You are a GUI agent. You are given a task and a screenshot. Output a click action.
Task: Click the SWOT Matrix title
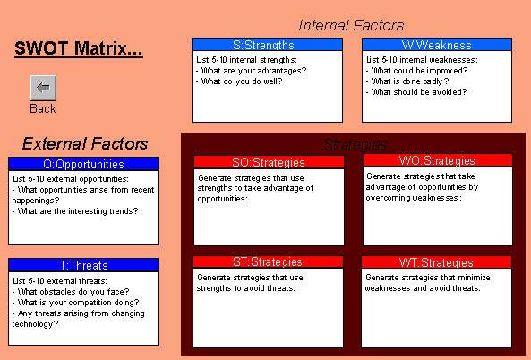[79, 48]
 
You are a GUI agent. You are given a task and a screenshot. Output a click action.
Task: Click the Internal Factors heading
[351, 25]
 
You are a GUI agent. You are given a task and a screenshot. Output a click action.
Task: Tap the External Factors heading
[85, 143]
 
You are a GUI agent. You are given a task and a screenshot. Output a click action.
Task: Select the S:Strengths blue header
[267, 45]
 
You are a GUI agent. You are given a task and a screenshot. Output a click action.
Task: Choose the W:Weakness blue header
[437, 45]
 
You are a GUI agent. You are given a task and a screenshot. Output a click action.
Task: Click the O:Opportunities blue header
[83, 164]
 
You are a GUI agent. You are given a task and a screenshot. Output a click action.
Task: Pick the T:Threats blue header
[83, 265]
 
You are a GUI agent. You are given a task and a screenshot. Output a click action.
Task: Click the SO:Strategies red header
[269, 162]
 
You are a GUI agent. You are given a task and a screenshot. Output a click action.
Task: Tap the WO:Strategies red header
[438, 160]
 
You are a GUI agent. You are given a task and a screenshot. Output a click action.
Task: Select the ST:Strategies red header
[268, 261]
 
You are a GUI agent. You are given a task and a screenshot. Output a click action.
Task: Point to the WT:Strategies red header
[436, 262]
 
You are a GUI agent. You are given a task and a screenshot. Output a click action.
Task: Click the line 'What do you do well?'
[239, 81]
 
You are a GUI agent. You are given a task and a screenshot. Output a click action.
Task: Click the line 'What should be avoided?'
[416, 92]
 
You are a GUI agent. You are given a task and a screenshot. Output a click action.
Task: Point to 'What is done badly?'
[407, 81]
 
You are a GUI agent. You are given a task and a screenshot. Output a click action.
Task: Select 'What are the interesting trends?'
[75, 211]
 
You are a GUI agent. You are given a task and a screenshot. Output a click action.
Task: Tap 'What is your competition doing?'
[75, 303]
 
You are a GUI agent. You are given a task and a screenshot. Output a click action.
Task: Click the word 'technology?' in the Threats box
[35, 324]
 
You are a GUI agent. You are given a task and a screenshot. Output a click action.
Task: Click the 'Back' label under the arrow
[43, 108]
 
